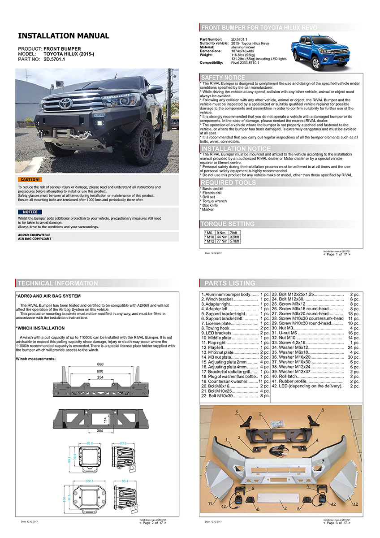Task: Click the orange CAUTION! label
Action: pyautogui.click(x=29, y=179)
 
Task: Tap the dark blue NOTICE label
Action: pyautogui.click(x=30, y=212)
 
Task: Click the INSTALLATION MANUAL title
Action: pyautogui.click(x=63, y=36)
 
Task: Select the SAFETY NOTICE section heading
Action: pyautogui.click(x=223, y=78)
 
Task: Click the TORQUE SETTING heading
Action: pyautogui.click(x=227, y=224)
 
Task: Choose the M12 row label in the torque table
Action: pyautogui.click(x=209, y=241)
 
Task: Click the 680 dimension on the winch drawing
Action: pyautogui.click(x=101, y=364)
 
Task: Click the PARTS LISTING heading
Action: pyautogui.click(x=229, y=283)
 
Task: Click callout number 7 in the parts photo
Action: pyautogui.click(x=285, y=508)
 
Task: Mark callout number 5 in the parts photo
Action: pyautogui.click(x=237, y=412)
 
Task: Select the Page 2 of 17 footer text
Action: pyautogui.click(x=153, y=523)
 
